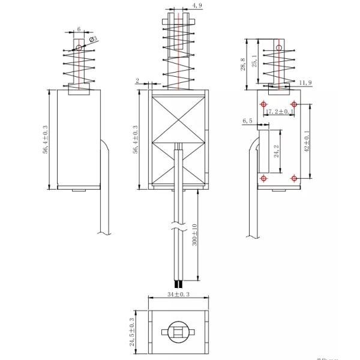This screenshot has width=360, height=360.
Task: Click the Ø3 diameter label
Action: pos(94,40)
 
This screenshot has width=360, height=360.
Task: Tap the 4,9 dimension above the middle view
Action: pos(180,6)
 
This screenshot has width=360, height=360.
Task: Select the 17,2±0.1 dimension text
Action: pos(280,112)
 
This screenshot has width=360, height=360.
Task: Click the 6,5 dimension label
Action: pos(248,121)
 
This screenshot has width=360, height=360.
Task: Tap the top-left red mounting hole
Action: pos(263,105)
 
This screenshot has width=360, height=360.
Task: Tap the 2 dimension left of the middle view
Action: pos(137,80)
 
